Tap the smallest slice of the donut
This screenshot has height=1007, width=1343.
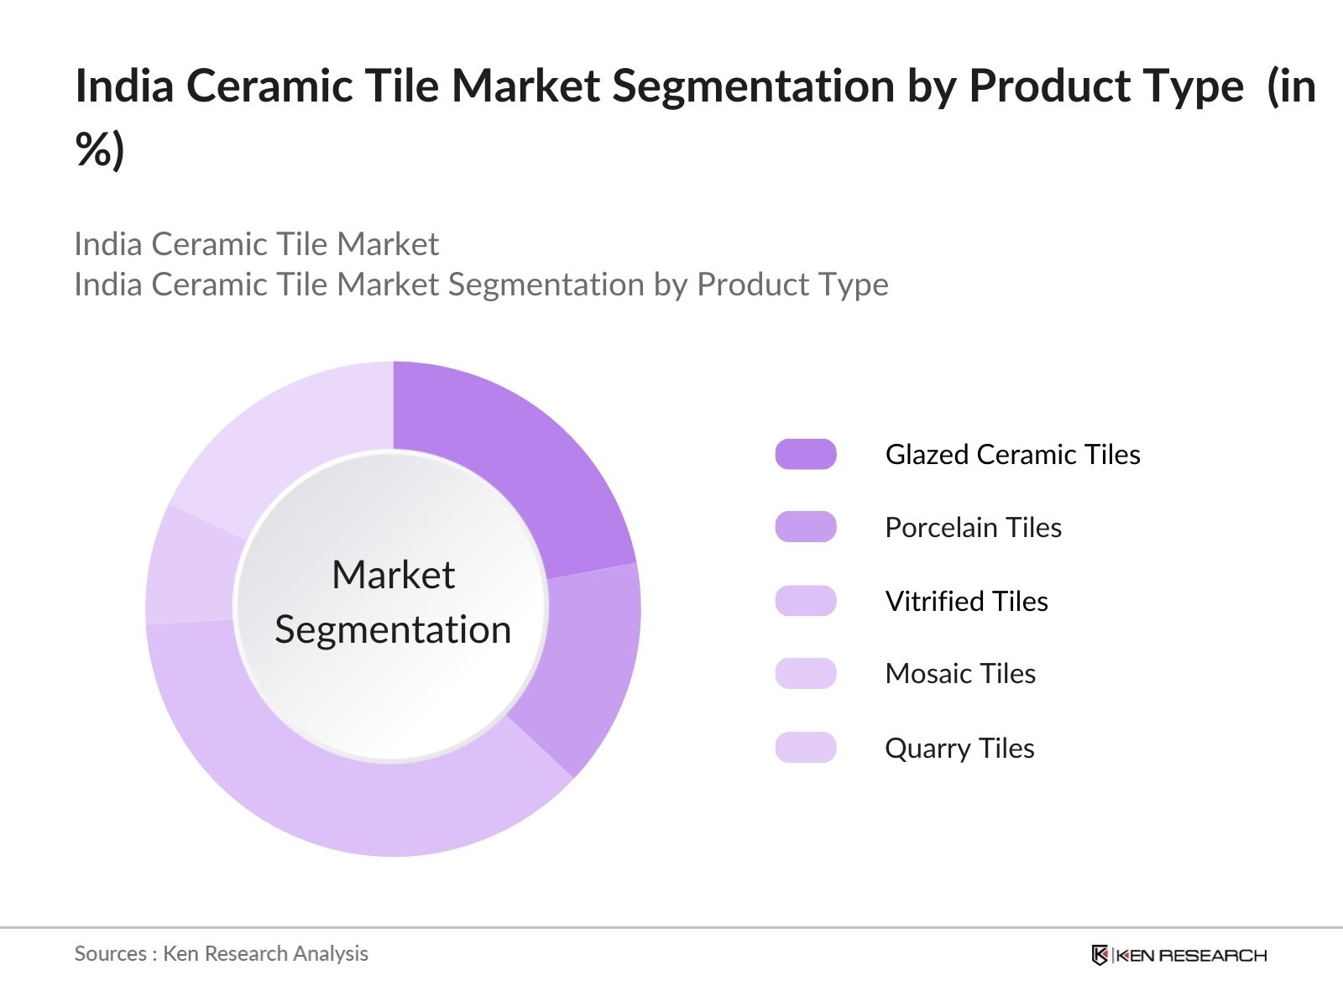click(191, 569)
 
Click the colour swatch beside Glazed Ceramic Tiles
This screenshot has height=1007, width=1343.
click(805, 454)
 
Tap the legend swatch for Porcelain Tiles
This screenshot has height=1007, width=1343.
click(805, 527)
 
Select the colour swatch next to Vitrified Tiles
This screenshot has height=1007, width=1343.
click(805, 601)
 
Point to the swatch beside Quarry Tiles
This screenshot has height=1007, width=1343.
click(805, 748)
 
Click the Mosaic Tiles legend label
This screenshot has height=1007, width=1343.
click(960, 674)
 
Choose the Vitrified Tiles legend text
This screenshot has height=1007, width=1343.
click(967, 601)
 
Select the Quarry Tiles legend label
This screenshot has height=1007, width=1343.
click(959, 749)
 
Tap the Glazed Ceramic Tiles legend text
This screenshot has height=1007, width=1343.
click(1012, 454)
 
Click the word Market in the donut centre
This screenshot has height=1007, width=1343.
click(394, 575)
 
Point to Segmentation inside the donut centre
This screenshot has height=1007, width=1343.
click(393, 630)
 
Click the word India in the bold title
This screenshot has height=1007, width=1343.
click(124, 86)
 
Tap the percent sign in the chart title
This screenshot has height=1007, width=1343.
click(92, 149)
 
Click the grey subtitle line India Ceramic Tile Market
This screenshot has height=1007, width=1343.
click(256, 244)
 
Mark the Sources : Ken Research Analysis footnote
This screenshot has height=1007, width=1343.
click(221, 954)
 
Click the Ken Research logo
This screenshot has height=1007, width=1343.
click(1179, 955)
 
